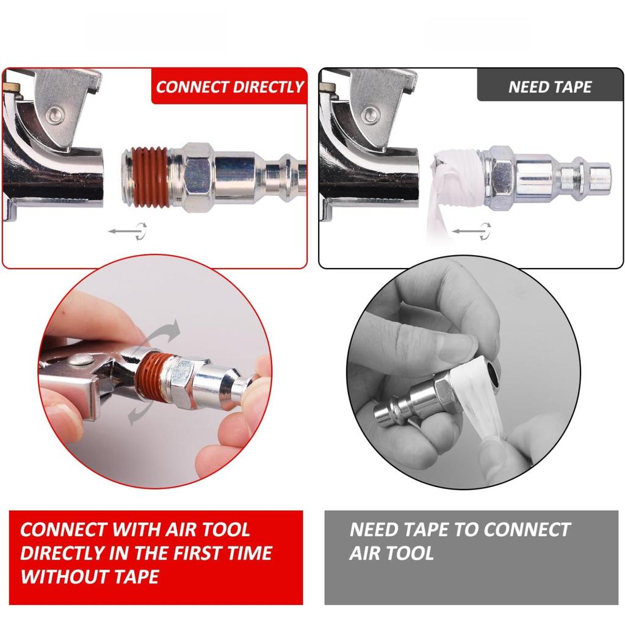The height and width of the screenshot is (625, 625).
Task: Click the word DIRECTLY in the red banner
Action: pos(268,87)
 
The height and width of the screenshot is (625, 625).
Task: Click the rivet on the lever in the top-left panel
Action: pos(55,115)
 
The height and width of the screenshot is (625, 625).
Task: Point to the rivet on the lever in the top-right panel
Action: pos(370,115)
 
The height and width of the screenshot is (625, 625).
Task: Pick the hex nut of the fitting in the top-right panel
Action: pos(500,175)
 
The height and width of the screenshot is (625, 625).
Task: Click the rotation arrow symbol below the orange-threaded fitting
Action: pos(128,231)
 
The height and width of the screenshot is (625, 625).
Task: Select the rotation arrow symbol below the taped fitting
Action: pos(472,231)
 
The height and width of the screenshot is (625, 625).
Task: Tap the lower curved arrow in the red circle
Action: pos(140,413)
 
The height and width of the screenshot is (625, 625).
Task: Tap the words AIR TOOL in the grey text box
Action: pos(391,553)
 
